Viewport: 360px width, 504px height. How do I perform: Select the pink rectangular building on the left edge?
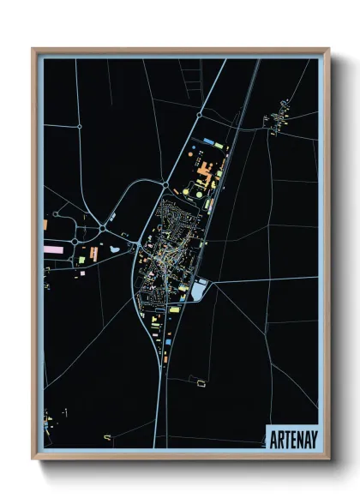click(x=54, y=249)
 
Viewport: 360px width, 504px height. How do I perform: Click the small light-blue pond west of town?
click(x=115, y=250)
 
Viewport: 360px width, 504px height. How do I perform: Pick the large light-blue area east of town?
click(x=199, y=291)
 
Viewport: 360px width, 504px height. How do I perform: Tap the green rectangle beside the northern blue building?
click(x=219, y=146)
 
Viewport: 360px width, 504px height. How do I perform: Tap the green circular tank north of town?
click(x=199, y=194)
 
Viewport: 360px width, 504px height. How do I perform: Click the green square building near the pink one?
click(x=81, y=260)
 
